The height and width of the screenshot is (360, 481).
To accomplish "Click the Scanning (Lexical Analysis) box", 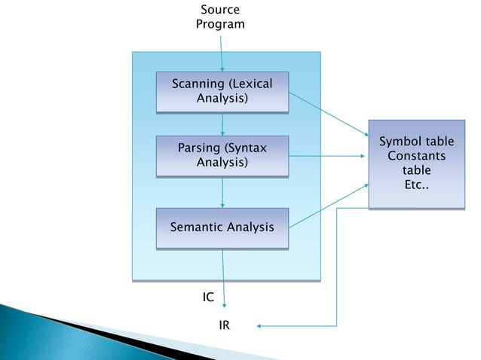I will pos(222,91).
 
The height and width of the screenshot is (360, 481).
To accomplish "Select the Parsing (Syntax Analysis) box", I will pos(222,155).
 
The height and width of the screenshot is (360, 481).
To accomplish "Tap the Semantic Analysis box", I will pos(222,227).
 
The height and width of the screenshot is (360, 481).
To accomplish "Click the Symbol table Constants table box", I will pos(416,163).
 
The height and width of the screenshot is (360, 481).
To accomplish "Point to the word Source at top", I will pos(220,10).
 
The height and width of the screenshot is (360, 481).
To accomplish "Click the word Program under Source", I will pos(220,24).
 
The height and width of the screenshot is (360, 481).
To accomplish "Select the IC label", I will pos(208,298).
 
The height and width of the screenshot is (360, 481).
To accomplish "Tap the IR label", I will pos(224,326).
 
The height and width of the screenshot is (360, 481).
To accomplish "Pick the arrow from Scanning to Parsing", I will pos(222,124).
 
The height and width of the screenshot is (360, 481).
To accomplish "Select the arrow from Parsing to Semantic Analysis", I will pos(222,192).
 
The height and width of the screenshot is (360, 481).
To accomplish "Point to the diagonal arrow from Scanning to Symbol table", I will pos(328,117).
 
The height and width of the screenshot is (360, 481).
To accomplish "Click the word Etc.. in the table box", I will pos(416,184).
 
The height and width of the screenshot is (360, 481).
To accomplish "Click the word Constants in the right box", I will pos(416,156).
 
